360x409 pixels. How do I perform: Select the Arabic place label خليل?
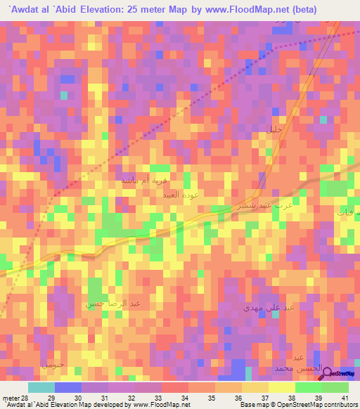[x=274, y=129]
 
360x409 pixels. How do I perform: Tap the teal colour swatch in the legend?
[x=41, y=387]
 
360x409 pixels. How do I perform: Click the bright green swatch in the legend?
[x=308, y=387]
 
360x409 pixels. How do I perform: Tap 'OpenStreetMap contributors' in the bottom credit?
[x=319, y=405]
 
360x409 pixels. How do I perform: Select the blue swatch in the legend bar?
[x=68, y=387]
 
